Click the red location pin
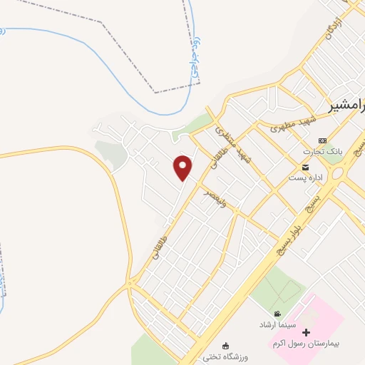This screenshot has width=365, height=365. coord(183,168)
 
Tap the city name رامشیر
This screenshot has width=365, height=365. coord(347,108)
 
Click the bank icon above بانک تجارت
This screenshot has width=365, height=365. coord(322,140)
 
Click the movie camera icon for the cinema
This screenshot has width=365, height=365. coord(277,314)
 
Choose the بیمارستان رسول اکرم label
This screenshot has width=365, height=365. coord(307,344)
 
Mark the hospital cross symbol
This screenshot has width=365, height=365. coord(307,333)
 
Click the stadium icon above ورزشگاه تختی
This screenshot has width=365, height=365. coord(227,346)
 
